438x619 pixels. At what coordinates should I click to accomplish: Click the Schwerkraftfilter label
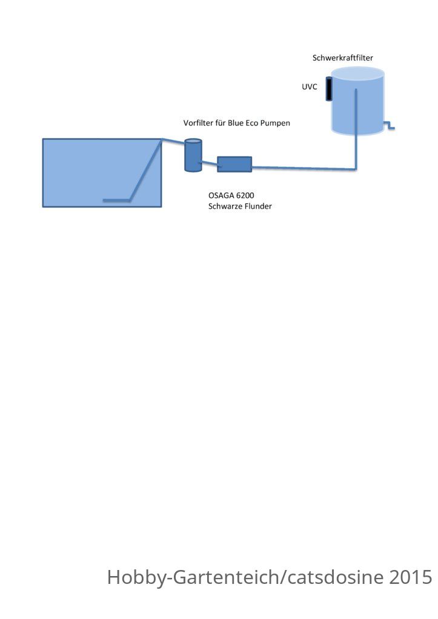click(343, 57)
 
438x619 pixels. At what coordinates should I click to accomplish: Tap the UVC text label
click(310, 87)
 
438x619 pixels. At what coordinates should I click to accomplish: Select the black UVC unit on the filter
click(329, 89)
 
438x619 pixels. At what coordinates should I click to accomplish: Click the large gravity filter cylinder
click(357, 101)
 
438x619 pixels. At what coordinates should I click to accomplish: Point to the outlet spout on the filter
click(389, 125)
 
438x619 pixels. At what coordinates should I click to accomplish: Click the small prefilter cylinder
click(193, 155)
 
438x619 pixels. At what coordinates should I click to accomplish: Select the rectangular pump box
click(234, 164)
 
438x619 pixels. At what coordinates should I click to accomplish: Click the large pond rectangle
click(102, 172)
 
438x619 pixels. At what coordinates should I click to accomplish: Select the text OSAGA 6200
click(231, 195)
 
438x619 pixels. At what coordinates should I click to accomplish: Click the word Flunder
click(257, 206)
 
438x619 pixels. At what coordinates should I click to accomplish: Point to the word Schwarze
click(224, 206)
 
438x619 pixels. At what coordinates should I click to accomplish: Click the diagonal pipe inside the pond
click(145, 170)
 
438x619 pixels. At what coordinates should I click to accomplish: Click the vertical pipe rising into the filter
click(356, 129)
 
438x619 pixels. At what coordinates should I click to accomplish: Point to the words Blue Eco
click(243, 123)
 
